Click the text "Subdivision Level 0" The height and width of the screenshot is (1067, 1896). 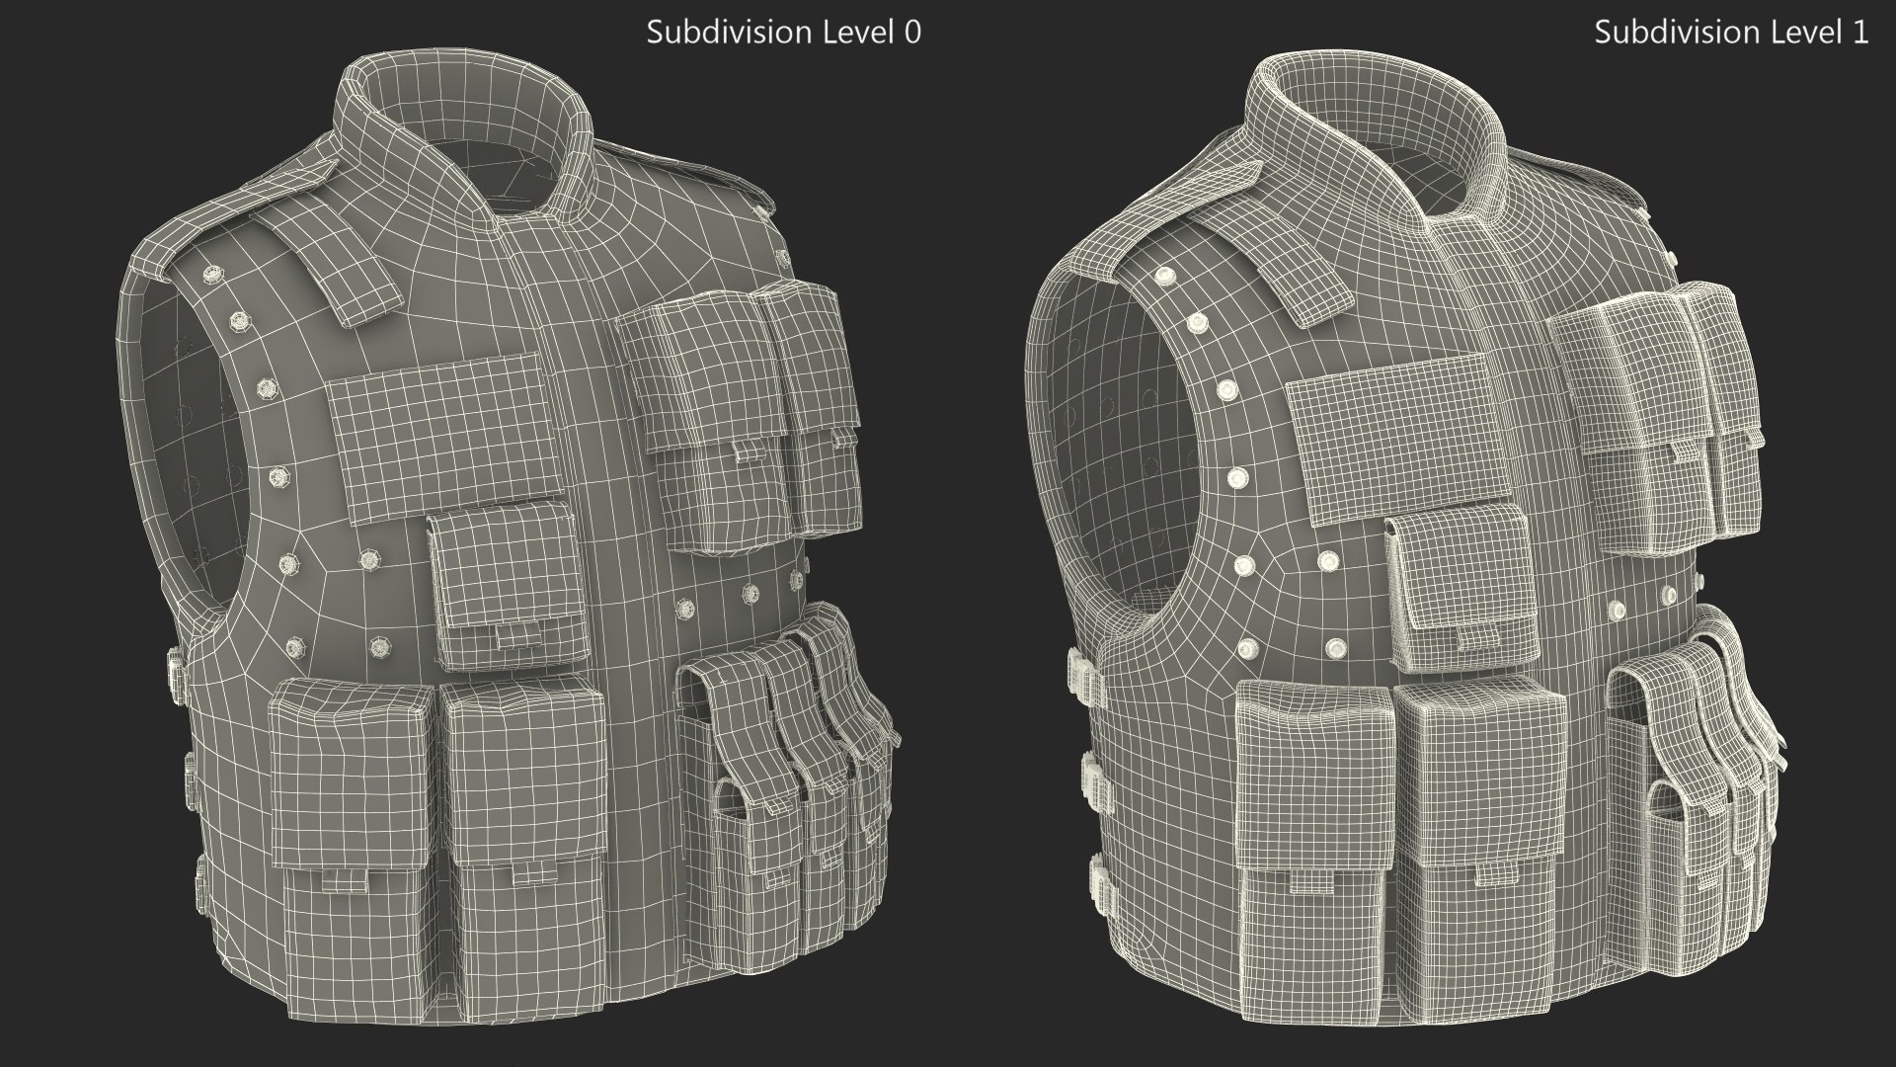point(783,33)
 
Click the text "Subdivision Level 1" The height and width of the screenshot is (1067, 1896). point(1731,33)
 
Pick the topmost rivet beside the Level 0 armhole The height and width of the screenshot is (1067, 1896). point(210,273)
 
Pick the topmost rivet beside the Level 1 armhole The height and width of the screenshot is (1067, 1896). point(1166,275)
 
